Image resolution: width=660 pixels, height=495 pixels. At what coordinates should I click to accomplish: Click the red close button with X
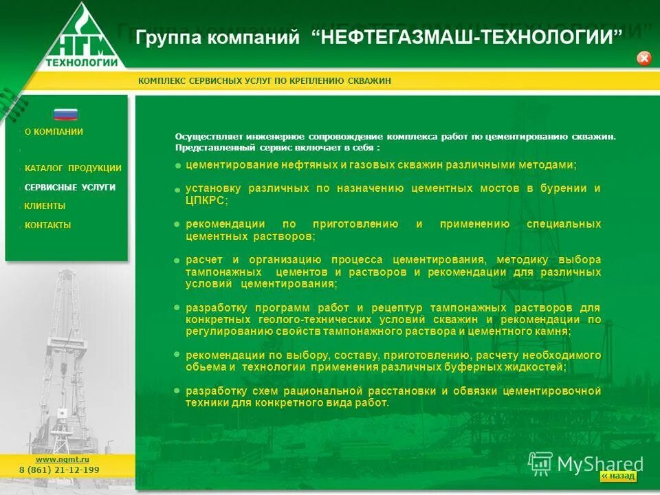pyautogui.click(x=644, y=58)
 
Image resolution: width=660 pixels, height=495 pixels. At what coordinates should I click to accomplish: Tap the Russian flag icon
pyautogui.click(x=66, y=114)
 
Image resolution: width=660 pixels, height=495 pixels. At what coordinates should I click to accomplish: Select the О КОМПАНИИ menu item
pyautogui.click(x=54, y=132)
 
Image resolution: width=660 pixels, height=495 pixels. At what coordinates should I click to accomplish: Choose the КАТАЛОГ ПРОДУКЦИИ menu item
pyautogui.click(x=73, y=168)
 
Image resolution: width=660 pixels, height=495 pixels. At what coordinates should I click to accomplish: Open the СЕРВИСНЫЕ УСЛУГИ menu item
pyautogui.click(x=69, y=188)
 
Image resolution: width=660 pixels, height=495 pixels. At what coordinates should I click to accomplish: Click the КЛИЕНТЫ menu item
pyautogui.click(x=45, y=206)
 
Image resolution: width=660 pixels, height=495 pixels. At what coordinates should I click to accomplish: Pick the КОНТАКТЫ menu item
pyautogui.click(x=47, y=225)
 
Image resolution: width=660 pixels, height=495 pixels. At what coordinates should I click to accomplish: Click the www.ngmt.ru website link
pyautogui.click(x=63, y=459)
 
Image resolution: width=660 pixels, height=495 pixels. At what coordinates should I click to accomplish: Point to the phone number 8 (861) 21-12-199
pyautogui.click(x=59, y=470)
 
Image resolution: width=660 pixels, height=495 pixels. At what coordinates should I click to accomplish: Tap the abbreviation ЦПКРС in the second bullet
pyautogui.click(x=204, y=201)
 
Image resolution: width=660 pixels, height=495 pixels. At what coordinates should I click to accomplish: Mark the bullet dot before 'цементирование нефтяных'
pyautogui.click(x=177, y=166)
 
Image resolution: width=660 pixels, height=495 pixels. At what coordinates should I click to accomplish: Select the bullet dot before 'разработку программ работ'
pyautogui.click(x=177, y=307)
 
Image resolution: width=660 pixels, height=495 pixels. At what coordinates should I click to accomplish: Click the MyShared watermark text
pyautogui.click(x=599, y=464)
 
